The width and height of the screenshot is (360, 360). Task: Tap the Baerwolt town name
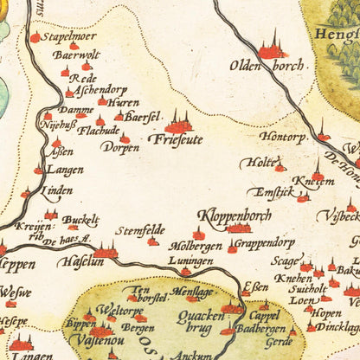coord(76,55)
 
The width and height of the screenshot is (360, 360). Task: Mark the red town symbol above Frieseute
coord(181,121)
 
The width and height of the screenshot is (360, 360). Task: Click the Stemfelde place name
coord(140,230)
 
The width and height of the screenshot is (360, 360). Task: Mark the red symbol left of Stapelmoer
coord(35,37)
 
